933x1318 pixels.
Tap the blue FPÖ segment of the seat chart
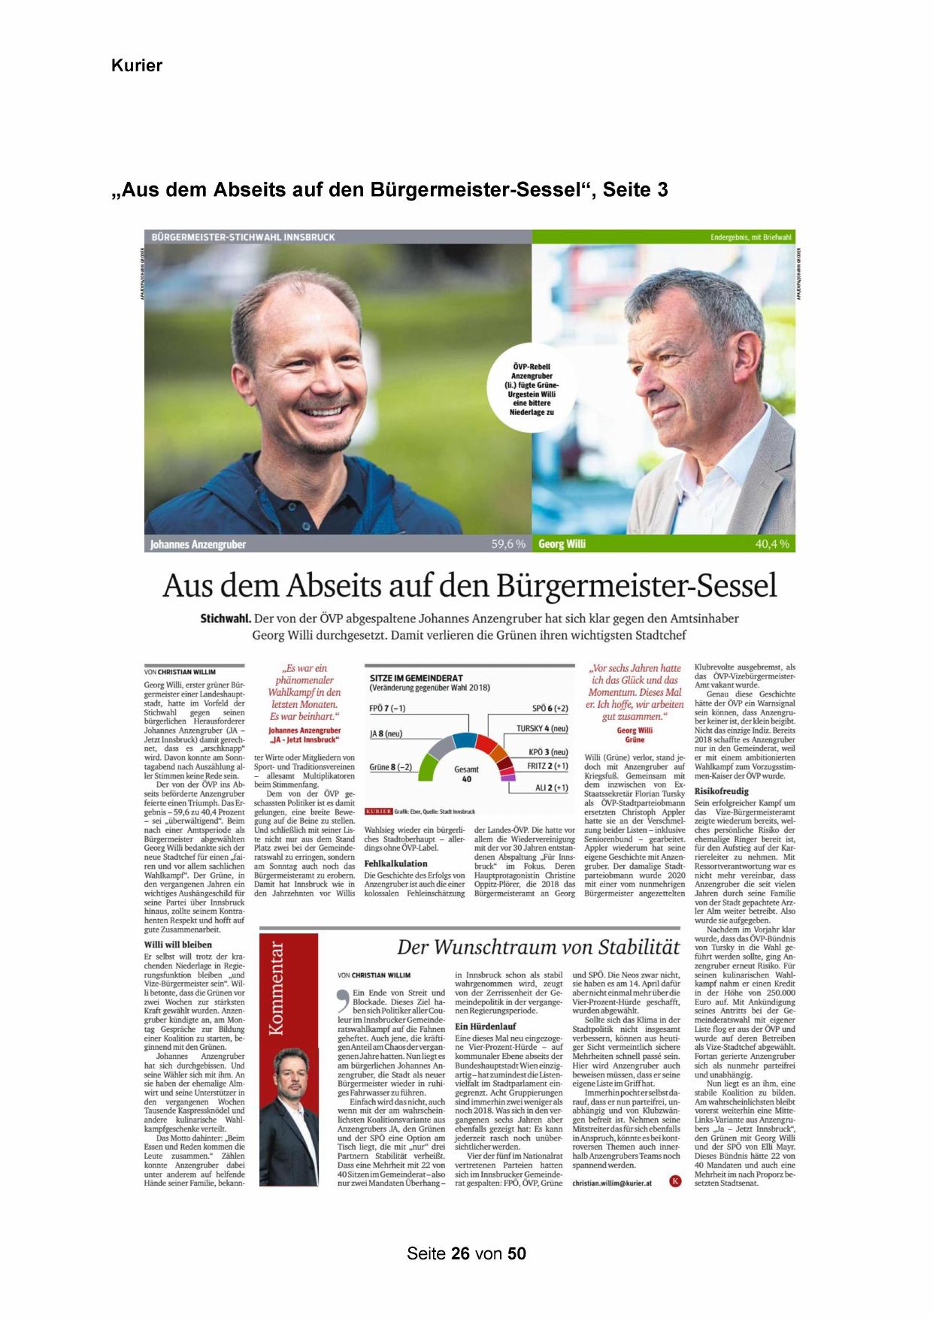(465, 739)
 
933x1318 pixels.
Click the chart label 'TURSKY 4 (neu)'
(541, 728)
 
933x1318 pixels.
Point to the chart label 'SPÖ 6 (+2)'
(550, 709)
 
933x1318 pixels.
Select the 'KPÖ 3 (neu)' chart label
(548, 752)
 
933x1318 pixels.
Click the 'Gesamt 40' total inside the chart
(466, 774)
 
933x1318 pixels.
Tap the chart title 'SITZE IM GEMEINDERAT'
(417, 678)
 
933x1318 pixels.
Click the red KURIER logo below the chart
(379, 812)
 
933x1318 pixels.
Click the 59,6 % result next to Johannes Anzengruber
(508, 544)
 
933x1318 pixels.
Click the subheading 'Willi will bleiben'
(178, 945)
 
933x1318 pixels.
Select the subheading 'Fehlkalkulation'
(395, 863)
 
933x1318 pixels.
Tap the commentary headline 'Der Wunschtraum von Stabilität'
(538, 947)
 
